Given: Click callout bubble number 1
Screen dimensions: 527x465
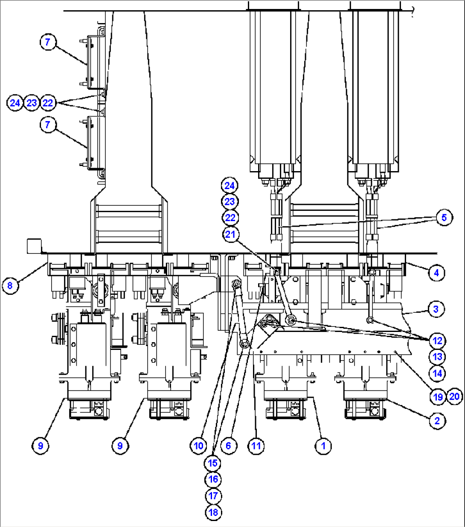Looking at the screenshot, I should click(323, 446).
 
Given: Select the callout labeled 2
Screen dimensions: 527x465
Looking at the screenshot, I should click(437, 421).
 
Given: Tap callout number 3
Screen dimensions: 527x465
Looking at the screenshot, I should click(436, 309).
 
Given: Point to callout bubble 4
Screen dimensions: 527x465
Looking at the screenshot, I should click(436, 273).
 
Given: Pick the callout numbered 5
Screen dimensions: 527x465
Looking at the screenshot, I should click(444, 218).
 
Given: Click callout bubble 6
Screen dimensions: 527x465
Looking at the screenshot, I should click(229, 446).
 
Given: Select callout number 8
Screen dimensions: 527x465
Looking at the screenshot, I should click(10, 285).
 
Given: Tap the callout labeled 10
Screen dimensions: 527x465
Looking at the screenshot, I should click(198, 446).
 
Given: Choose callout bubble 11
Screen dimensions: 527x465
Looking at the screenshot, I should click(256, 446).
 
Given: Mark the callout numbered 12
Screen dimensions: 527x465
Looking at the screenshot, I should click(437, 341).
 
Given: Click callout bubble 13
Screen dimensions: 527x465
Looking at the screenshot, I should click(437, 357).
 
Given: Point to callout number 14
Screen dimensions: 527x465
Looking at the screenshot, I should click(437, 373).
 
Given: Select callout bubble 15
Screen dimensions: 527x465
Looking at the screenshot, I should click(213, 463).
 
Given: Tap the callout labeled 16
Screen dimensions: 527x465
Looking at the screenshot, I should click(213, 479).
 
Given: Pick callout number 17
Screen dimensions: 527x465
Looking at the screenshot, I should click(213, 496).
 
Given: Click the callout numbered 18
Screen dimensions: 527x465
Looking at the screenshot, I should click(213, 512).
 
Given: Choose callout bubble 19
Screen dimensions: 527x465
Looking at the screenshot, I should click(438, 397).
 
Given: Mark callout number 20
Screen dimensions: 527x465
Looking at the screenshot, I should click(454, 397).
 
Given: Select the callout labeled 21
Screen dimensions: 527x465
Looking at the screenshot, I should click(230, 234).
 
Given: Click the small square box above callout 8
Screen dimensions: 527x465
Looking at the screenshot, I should click(34, 246).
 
